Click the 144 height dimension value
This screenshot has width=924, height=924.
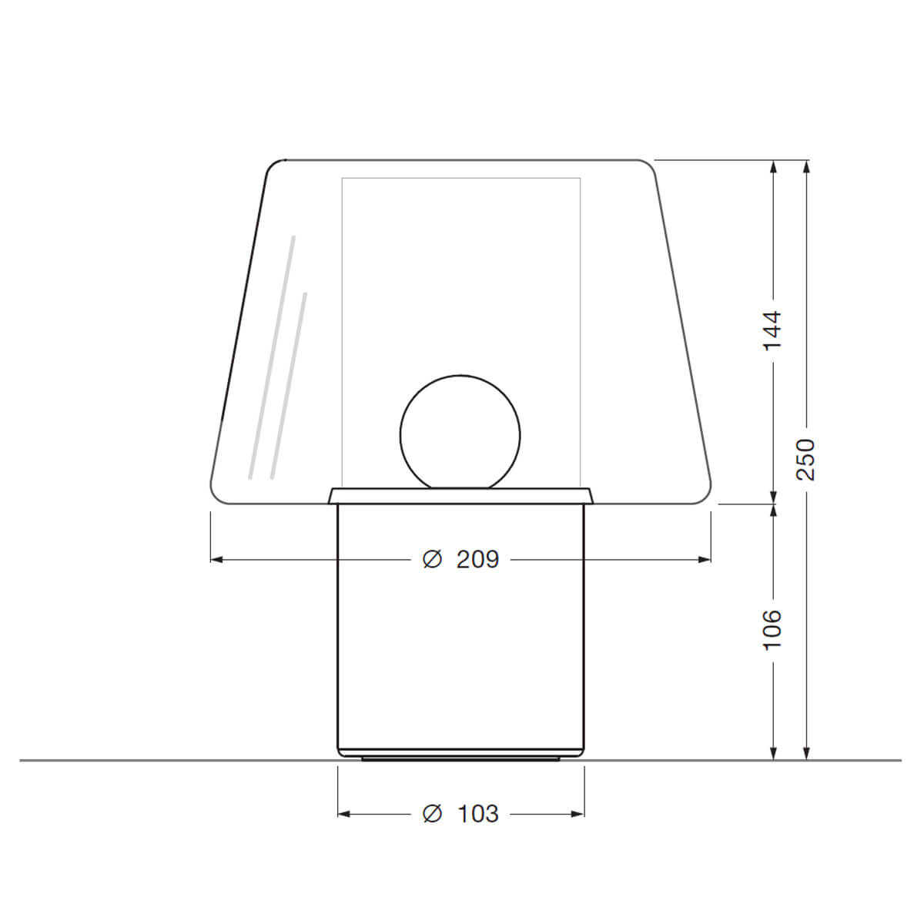(772, 331)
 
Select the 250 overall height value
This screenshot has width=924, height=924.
(805, 460)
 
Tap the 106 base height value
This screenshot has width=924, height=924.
(772, 630)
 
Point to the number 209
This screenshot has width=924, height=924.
(477, 560)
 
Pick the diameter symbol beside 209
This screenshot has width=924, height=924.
(431, 560)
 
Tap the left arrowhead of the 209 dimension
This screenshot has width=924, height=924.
(216, 560)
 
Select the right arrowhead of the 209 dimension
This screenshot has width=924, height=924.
(705, 560)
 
